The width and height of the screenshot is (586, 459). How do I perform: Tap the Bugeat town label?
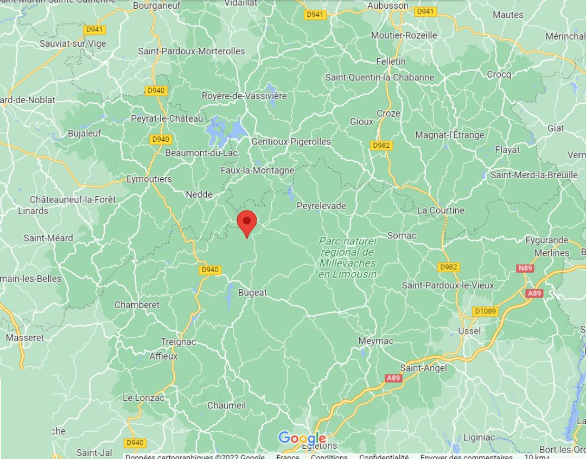[252, 292]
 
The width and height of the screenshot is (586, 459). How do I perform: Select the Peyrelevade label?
[321, 206]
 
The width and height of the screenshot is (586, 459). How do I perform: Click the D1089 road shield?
[485, 311]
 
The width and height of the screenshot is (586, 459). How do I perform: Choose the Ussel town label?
[469, 331]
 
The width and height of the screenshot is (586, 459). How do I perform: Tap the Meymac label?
[374, 341]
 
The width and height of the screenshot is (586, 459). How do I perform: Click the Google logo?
[302, 438]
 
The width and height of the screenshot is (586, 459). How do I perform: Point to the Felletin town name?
[391, 61]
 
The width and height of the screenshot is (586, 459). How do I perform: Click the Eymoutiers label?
[149, 179]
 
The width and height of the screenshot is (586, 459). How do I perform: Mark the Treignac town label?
[178, 342]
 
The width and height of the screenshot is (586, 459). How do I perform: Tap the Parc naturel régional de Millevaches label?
[347, 257]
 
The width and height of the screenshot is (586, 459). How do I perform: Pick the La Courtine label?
[441, 210]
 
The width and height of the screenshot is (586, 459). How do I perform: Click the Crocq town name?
[499, 74]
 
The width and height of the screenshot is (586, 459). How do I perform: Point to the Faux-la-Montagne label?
[257, 170]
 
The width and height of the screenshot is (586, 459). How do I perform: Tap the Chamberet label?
[137, 305]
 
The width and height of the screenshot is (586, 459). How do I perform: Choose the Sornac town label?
[402, 235]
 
